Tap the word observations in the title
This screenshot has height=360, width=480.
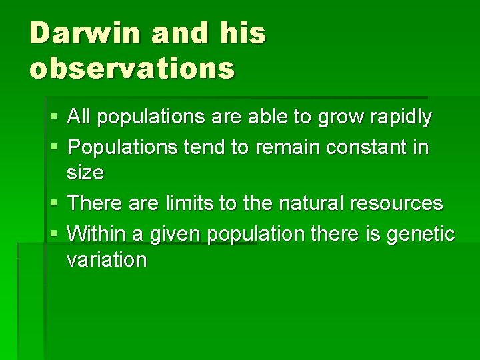[x=132, y=67]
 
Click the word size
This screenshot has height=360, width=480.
[x=85, y=173]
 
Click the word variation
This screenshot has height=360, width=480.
[x=106, y=259]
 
